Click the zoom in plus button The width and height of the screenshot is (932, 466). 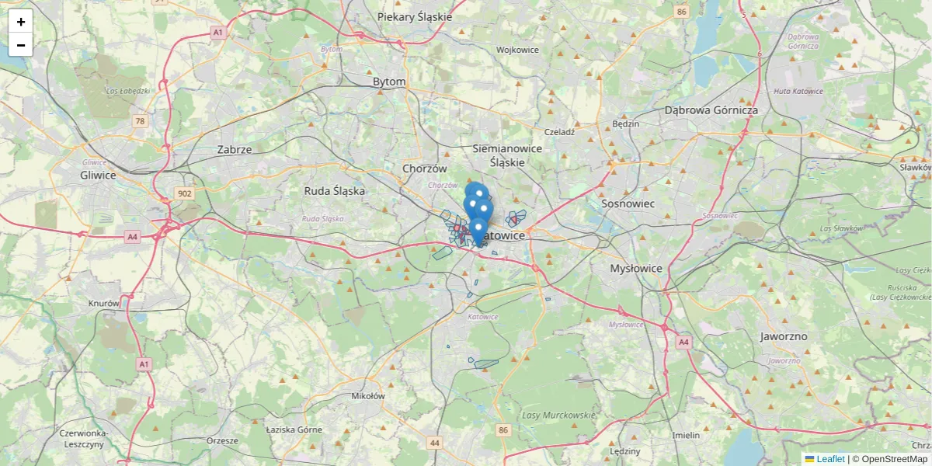[21, 22]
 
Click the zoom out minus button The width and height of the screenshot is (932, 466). [21, 45]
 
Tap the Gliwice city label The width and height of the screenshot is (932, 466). [98, 175]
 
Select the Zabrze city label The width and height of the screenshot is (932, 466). [235, 149]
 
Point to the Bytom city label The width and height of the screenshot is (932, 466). [389, 82]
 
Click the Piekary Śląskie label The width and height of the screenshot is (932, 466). [414, 16]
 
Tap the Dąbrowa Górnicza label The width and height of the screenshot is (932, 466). [711, 110]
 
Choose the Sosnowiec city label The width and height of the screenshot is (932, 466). [628, 203]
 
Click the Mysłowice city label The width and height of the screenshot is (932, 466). [636, 268]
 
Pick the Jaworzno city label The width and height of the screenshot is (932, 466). [784, 336]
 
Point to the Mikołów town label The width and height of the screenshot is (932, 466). [368, 396]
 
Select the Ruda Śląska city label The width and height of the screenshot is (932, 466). [334, 190]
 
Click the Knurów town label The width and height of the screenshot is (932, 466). [103, 304]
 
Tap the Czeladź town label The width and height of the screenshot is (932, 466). [559, 132]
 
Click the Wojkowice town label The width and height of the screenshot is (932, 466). [517, 50]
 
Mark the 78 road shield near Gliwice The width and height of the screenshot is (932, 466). [140, 121]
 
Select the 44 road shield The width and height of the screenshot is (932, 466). [434, 443]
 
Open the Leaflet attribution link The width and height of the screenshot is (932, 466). [829, 459]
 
